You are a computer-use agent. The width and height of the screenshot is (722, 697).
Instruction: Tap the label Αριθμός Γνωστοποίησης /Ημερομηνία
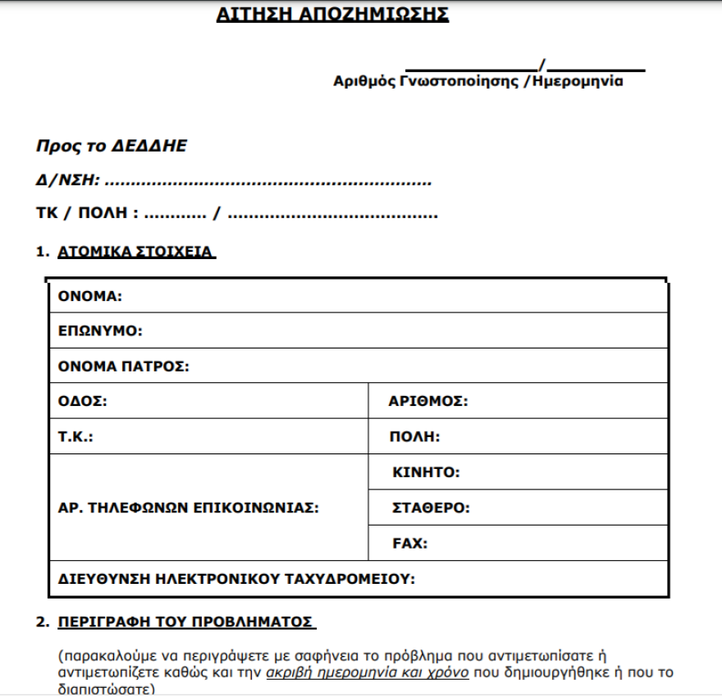tap(478, 81)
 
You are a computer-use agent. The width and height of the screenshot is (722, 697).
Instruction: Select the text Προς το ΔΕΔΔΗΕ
tap(112, 146)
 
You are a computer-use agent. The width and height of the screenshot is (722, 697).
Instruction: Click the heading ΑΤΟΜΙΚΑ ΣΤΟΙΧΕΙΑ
tap(135, 252)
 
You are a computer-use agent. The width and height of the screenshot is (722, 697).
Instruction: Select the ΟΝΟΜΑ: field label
tap(90, 296)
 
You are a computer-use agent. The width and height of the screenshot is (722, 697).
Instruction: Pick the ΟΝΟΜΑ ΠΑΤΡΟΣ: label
tap(124, 367)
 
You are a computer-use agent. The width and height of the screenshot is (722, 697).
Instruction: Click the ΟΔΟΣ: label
tap(83, 402)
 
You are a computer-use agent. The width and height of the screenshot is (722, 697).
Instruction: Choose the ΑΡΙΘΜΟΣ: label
tap(428, 402)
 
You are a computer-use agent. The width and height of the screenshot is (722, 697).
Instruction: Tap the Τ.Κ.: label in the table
tap(75, 437)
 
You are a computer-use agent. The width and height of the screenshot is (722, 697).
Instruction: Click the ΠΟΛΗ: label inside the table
tap(414, 437)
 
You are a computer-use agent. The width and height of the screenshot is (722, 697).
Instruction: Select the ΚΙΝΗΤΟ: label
tap(426, 472)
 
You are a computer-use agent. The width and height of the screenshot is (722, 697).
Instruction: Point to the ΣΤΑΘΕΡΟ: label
tap(431, 508)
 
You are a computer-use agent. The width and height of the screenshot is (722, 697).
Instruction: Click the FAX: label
tap(410, 543)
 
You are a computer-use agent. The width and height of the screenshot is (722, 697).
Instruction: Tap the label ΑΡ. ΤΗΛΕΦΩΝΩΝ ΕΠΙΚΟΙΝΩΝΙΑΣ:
tap(188, 508)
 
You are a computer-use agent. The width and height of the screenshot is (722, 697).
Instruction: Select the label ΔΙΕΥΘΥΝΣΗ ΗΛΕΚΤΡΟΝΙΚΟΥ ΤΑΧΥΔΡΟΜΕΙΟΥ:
tap(236, 578)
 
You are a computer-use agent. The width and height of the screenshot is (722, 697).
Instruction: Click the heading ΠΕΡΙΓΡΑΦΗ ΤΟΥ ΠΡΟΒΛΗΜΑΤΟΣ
tap(186, 622)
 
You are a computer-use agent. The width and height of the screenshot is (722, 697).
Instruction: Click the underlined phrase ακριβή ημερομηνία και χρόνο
tap(368, 672)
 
